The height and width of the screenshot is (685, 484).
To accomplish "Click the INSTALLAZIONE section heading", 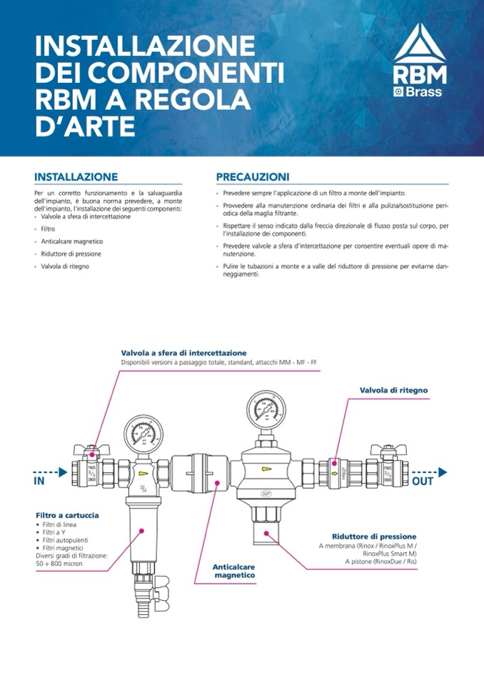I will tap(76, 176).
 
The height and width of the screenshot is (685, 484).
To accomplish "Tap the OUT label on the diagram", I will tap(423, 481).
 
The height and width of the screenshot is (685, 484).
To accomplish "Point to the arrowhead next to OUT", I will tap(443, 471).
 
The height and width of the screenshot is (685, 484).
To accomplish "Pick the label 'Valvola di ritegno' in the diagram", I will tap(393, 390).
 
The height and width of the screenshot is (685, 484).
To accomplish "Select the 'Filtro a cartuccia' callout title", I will tap(67, 514).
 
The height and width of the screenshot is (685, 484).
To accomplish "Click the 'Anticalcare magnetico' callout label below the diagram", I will tap(233, 570).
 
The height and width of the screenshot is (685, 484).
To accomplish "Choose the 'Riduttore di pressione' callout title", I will tap(374, 536).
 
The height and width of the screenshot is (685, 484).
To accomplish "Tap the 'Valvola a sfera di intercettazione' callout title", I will tap(183, 353).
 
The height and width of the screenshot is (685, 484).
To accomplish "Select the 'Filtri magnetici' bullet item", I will tap(59, 548).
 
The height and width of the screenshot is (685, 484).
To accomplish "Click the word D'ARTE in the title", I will tap(85, 126).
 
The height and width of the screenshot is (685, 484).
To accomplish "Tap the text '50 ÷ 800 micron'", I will tap(61, 563).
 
